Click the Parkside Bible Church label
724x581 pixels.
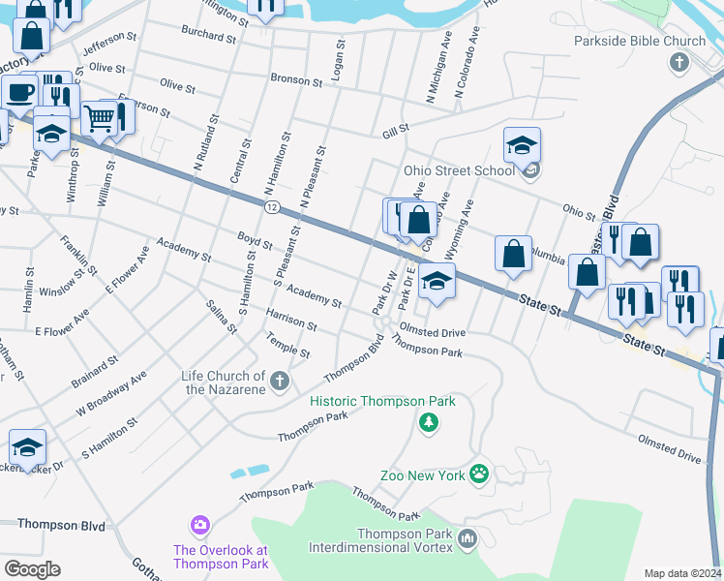[640, 42]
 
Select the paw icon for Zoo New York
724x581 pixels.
[478, 474]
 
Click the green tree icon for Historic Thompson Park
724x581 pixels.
[428, 422]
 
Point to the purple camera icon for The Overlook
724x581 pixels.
[199, 525]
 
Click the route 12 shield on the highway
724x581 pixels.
[272, 207]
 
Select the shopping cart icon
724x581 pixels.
[99, 118]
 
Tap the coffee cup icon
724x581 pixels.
[20, 93]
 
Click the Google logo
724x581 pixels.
[32, 568]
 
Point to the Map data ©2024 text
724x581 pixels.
[682, 573]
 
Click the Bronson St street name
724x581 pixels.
[295, 79]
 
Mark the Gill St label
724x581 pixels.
[395, 128]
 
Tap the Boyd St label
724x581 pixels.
[256, 239]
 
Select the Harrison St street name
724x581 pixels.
[291, 320]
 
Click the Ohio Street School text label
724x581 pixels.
[446, 170]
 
